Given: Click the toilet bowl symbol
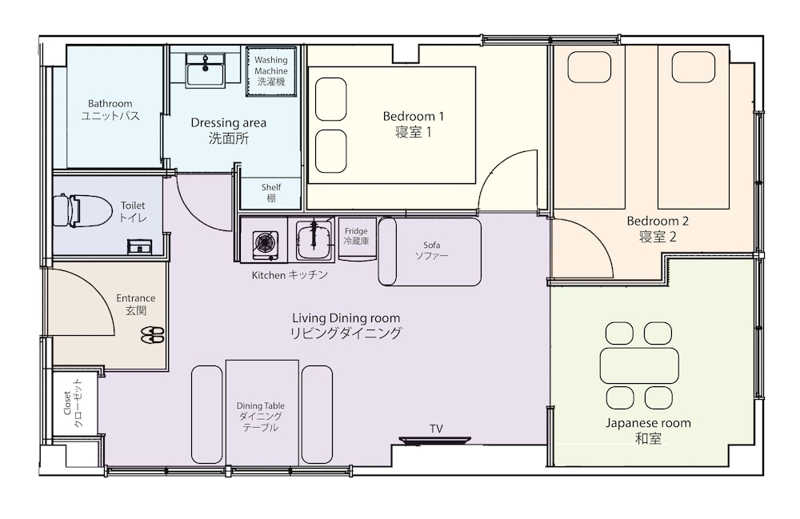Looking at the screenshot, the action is [x=82, y=210].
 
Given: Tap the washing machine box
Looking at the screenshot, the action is [x=271, y=71].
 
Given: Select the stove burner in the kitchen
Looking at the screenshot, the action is [x=266, y=242].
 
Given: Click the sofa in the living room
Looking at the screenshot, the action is [x=430, y=251].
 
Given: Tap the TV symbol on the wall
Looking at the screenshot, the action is [x=435, y=440].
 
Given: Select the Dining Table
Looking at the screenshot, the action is [x=262, y=412].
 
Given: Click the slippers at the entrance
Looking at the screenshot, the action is [x=152, y=334].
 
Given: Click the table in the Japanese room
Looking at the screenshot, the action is [x=639, y=365].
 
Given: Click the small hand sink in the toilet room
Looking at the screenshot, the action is [x=139, y=247].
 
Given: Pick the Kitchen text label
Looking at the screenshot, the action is [x=268, y=275].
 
